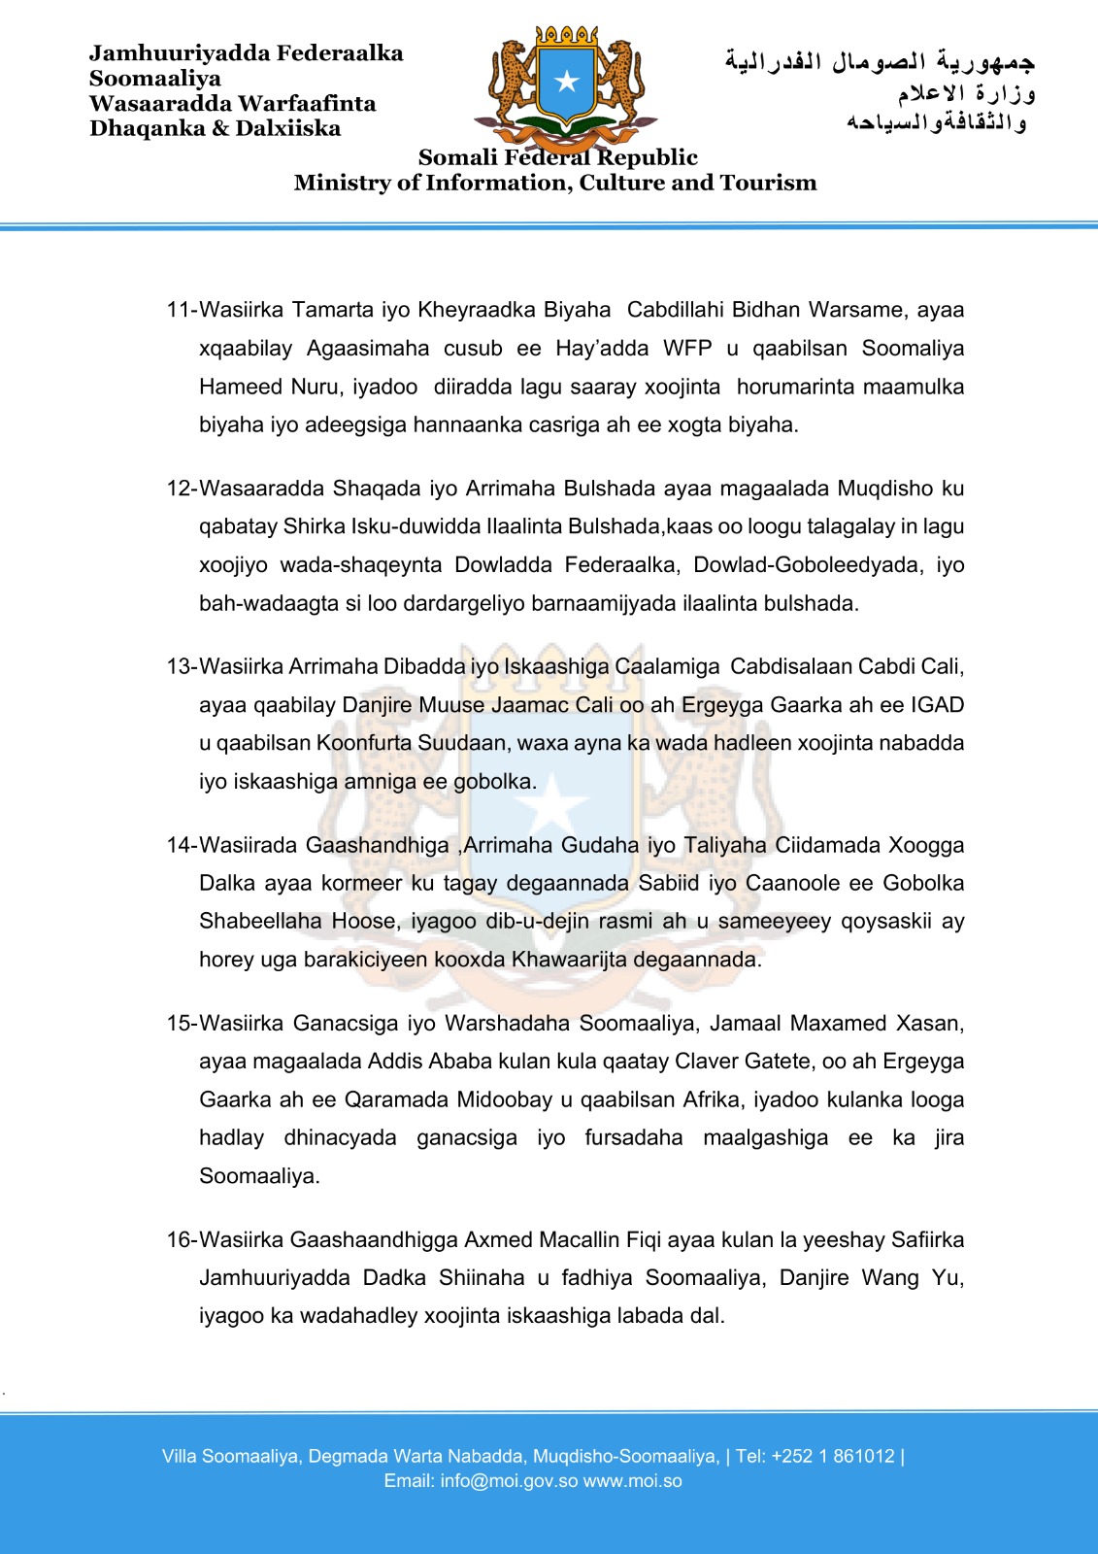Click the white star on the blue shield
coord(567,82)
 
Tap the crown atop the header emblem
coord(567,35)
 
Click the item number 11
coord(181,310)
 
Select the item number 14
coord(181,845)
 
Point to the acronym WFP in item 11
coord(688,348)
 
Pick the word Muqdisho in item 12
coord(885,488)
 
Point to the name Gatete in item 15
coord(777,1062)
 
